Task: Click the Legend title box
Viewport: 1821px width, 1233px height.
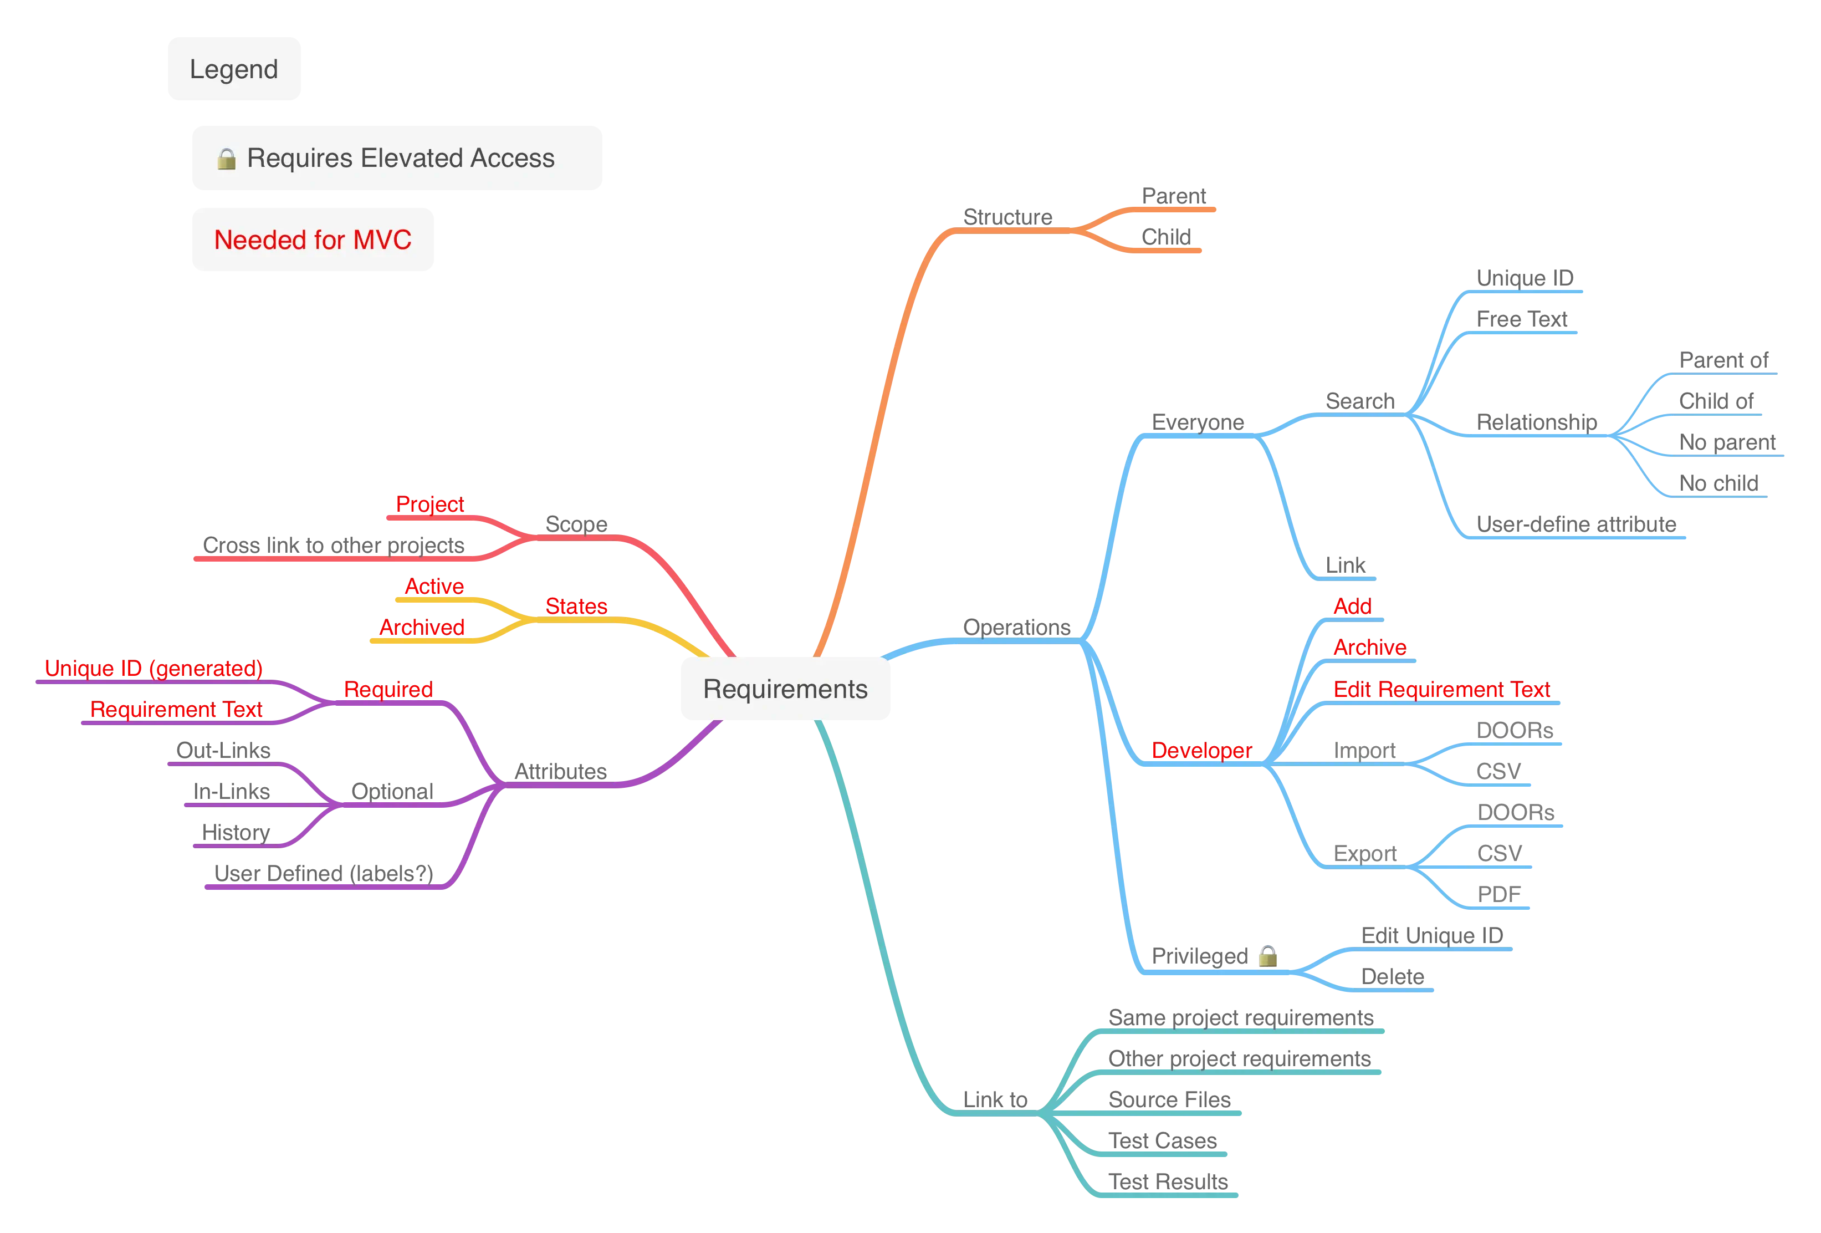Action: (233, 69)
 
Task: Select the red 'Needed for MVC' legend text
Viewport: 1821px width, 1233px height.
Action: (313, 240)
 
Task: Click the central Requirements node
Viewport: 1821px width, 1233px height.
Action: (784, 689)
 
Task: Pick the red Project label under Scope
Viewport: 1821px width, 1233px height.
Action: (429, 504)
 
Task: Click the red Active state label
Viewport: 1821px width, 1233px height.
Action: (434, 587)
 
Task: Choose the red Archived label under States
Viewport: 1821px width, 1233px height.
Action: (422, 627)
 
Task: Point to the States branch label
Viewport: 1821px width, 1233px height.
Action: (576, 606)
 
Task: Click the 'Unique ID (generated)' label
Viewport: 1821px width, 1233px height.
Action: (154, 668)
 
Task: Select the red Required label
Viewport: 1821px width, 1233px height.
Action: (388, 689)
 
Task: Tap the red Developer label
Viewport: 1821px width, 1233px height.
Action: (1202, 750)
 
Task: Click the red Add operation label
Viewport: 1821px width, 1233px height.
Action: (1352, 606)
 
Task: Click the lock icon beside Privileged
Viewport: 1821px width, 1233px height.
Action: (1268, 955)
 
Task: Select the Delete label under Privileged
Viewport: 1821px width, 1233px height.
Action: (1393, 976)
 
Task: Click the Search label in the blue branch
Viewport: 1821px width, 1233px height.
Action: (1360, 401)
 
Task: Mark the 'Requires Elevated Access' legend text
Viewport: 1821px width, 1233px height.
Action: (401, 159)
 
